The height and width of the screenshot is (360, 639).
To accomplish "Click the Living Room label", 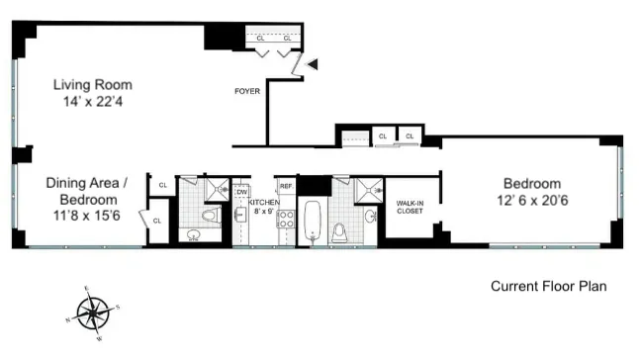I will [x=92, y=85].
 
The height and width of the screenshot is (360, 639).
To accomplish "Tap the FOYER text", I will [x=246, y=92].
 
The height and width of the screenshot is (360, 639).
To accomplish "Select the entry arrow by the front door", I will [x=313, y=64].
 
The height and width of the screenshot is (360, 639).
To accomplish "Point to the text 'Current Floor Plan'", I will [x=548, y=287].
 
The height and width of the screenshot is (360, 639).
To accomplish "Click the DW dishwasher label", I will [x=242, y=192].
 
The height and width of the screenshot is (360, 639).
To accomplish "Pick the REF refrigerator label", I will [x=287, y=186].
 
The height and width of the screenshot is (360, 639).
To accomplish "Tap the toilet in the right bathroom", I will [x=339, y=230].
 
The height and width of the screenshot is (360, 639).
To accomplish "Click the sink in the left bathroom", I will [x=193, y=235].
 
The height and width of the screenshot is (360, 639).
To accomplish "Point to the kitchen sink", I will [x=241, y=215].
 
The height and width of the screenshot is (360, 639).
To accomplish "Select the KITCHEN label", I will [x=265, y=202].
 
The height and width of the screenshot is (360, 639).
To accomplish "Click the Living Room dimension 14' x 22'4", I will [x=92, y=102].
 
